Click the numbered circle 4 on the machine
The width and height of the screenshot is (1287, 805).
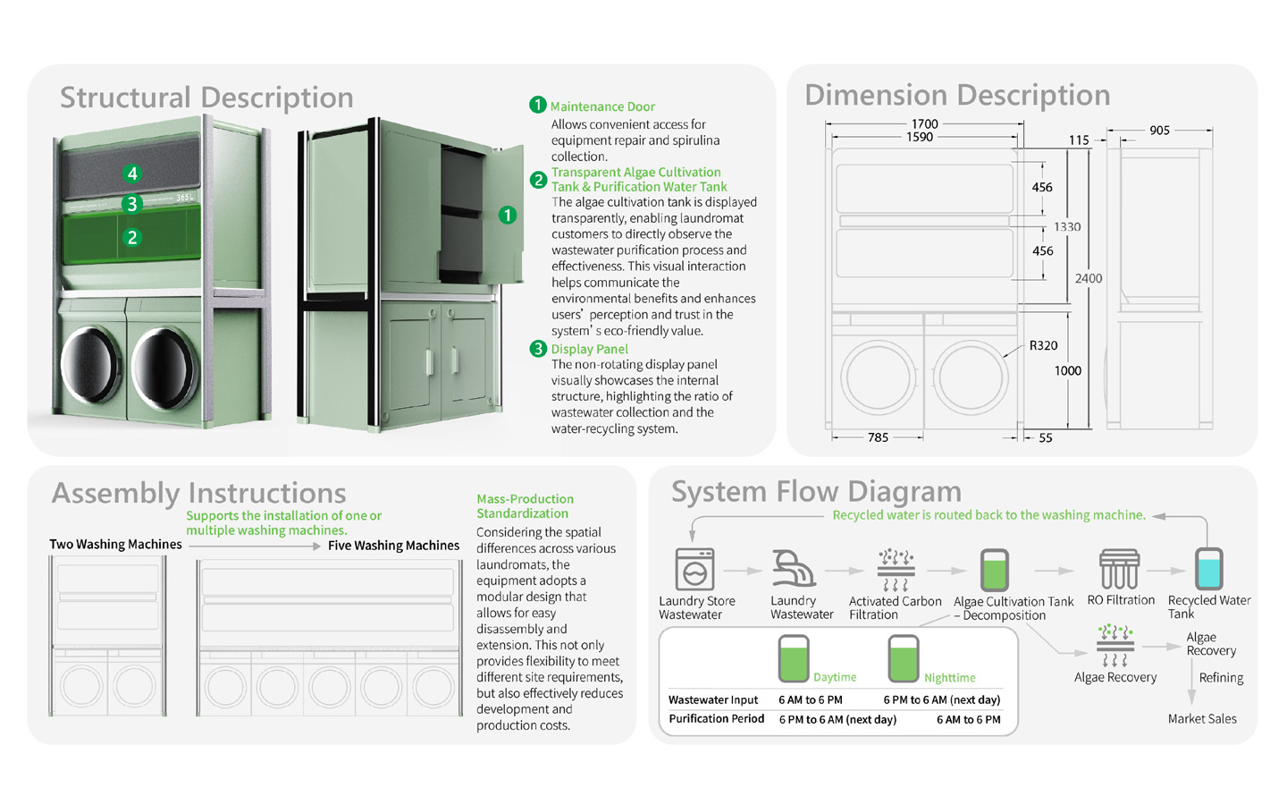[x=132, y=174]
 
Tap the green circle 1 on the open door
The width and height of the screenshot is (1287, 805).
[x=508, y=215]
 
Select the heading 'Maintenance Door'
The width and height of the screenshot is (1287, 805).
[x=602, y=106]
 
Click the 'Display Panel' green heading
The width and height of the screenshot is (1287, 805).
[x=589, y=349]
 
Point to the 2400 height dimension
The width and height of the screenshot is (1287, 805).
[x=1088, y=278]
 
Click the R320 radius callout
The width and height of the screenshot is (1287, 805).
[x=1043, y=345]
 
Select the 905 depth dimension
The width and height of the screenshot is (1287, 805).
[x=1159, y=131]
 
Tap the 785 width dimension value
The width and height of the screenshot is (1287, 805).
[x=878, y=437]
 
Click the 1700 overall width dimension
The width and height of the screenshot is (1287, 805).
[x=924, y=124]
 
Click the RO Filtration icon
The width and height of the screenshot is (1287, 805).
[x=1119, y=569]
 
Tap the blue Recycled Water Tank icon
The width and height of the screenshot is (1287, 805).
[x=1208, y=569]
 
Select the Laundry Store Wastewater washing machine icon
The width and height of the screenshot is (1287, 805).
[x=695, y=569]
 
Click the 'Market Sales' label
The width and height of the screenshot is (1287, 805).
[x=1202, y=719]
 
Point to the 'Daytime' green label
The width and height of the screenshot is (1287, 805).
[x=835, y=678]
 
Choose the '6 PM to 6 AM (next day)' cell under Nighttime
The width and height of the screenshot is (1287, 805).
[x=941, y=699]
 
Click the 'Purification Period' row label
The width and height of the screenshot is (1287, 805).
[x=716, y=719]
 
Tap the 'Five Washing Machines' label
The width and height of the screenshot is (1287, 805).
[x=393, y=546]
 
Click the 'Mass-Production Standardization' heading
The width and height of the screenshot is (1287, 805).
[x=525, y=506]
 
